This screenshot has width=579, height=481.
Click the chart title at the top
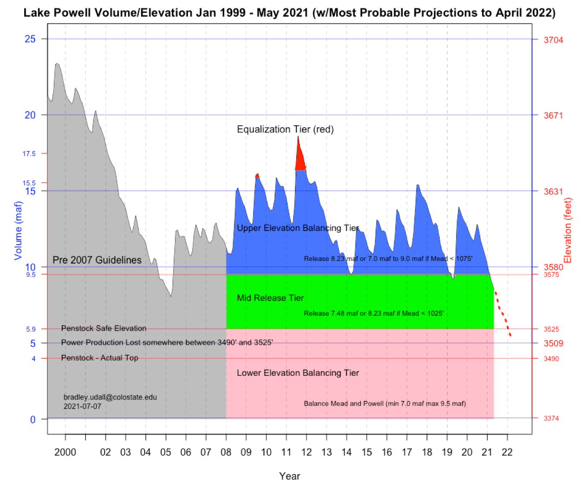coord(289,12)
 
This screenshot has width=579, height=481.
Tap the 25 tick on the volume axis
coord(30,39)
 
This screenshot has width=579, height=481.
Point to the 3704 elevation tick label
coord(553,40)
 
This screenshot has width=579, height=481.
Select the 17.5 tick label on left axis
coord(29,154)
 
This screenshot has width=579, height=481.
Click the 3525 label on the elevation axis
coord(551,329)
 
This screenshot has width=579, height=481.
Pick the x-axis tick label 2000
coord(65,452)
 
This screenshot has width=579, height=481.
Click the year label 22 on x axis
coord(507,452)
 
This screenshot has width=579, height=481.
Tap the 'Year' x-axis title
coord(289,476)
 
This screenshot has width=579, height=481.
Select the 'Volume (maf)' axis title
coord(18,230)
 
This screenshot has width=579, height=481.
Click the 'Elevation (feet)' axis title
coord(568,230)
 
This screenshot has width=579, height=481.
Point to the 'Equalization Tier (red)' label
coord(285,129)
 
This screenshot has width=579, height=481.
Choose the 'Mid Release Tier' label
coord(270,298)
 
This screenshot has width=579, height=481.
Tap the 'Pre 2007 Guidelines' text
coord(97,260)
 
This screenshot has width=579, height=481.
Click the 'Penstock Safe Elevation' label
coord(104,328)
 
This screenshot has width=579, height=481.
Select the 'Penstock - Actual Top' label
coord(100,358)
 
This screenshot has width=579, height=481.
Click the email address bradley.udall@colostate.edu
coord(110,397)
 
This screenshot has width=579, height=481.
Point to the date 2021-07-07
coord(82,406)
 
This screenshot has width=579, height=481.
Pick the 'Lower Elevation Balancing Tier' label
coord(298,373)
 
